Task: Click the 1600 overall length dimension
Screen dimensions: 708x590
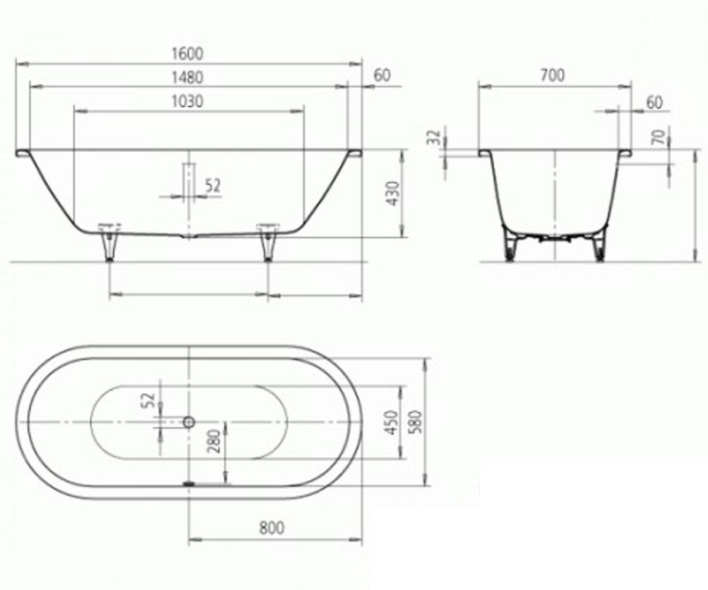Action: point(188,54)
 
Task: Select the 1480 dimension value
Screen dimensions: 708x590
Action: point(188,77)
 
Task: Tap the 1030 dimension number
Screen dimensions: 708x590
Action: point(188,101)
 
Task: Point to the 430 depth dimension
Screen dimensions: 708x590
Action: point(394,194)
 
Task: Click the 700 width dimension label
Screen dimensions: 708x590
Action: point(552,76)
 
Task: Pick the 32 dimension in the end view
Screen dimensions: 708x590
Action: point(434,137)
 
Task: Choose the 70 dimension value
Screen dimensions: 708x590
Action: point(660,137)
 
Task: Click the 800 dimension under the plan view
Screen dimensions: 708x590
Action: point(271,528)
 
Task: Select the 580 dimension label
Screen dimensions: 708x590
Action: point(416,422)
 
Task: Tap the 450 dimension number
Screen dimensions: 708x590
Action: point(392,422)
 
